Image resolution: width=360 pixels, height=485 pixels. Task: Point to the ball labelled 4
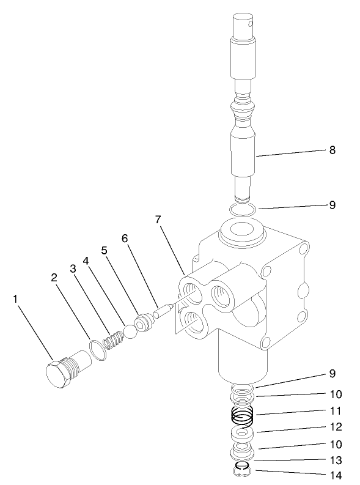pos(131,331)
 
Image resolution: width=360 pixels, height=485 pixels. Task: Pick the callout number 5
pos(105,250)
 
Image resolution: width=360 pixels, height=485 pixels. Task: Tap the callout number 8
pos(332,149)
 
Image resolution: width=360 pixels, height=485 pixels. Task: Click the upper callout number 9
pos(332,205)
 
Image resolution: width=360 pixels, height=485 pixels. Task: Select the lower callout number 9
pos(332,373)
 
